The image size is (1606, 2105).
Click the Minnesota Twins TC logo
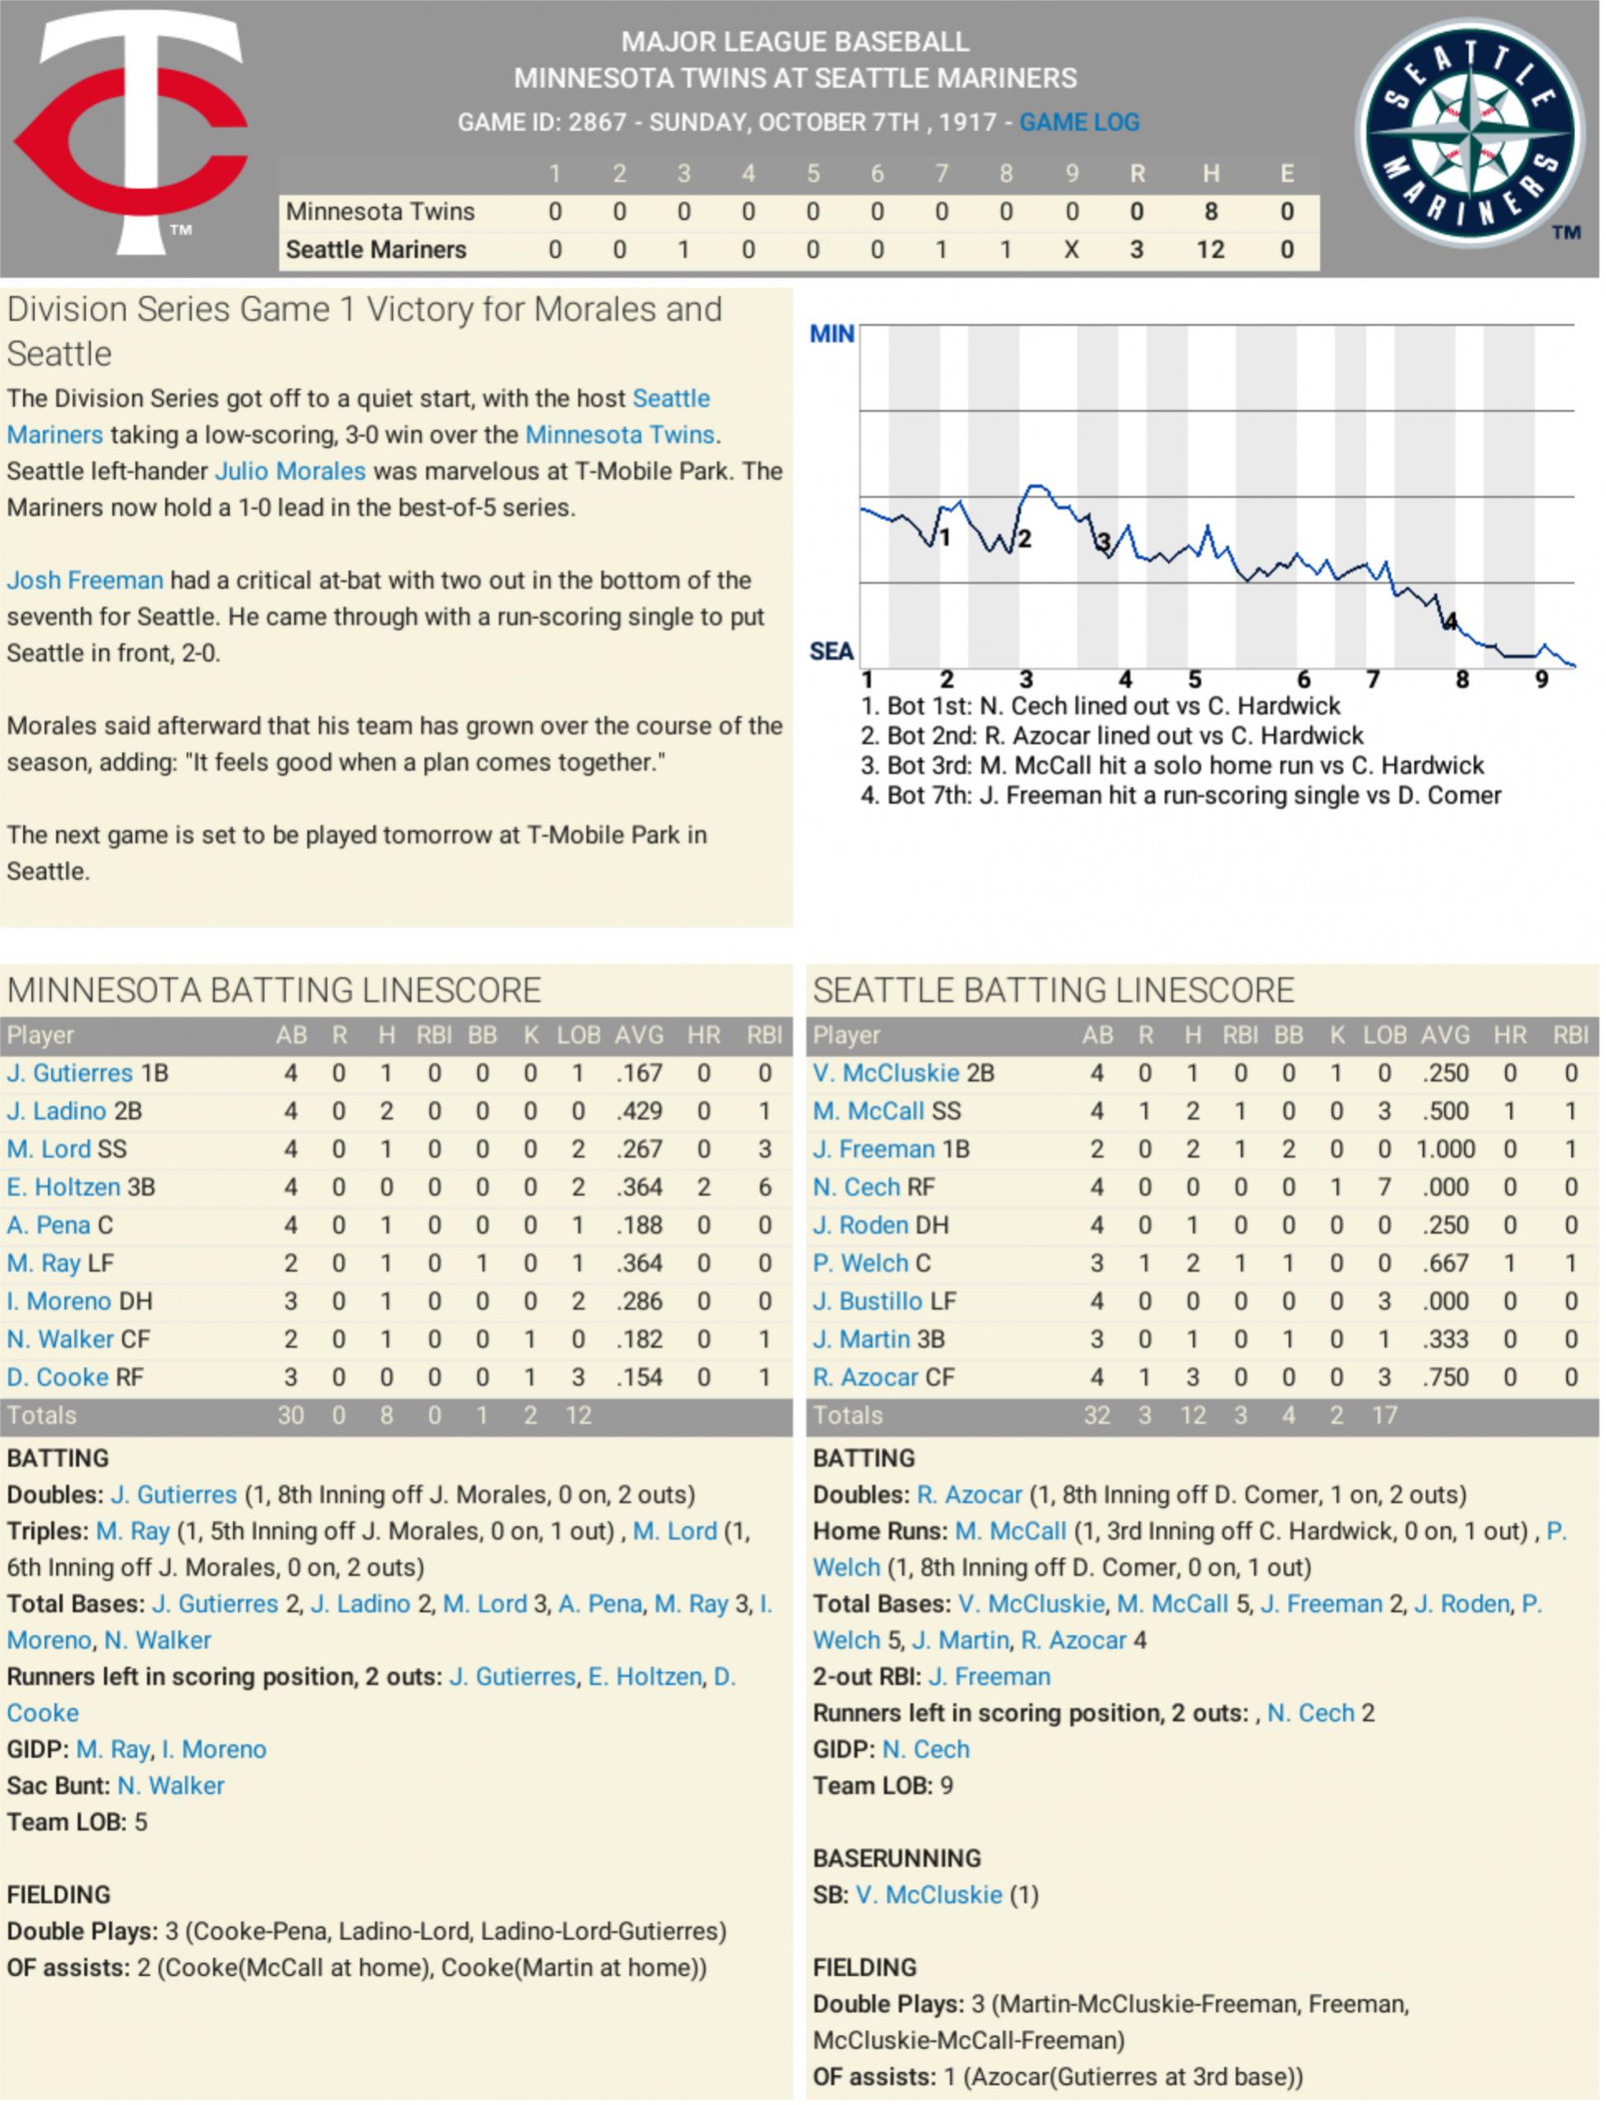[134, 134]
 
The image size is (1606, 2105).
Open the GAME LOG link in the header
[1079, 122]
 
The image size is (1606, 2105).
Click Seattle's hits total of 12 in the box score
[1210, 250]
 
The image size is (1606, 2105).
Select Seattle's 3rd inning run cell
[684, 250]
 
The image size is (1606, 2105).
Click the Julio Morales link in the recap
[291, 471]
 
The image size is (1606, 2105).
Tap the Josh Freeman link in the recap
[85, 581]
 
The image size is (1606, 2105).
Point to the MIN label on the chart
[832, 334]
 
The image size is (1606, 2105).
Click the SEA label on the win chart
[832, 651]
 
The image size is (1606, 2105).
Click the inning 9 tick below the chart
[1541, 680]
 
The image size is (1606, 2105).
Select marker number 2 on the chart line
[1025, 539]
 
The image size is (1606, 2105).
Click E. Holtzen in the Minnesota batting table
[64, 1187]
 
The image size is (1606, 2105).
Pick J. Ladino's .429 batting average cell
[639, 1112]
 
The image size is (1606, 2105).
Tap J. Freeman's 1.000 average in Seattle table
[1445, 1149]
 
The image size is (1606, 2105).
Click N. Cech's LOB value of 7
[1384, 1187]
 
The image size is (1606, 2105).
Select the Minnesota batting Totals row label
[42, 1415]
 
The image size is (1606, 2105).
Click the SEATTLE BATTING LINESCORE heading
[1052, 990]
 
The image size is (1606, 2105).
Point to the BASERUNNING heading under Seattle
[897, 1858]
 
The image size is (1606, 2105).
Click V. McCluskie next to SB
[929, 1895]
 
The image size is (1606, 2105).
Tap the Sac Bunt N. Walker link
[171, 1786]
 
